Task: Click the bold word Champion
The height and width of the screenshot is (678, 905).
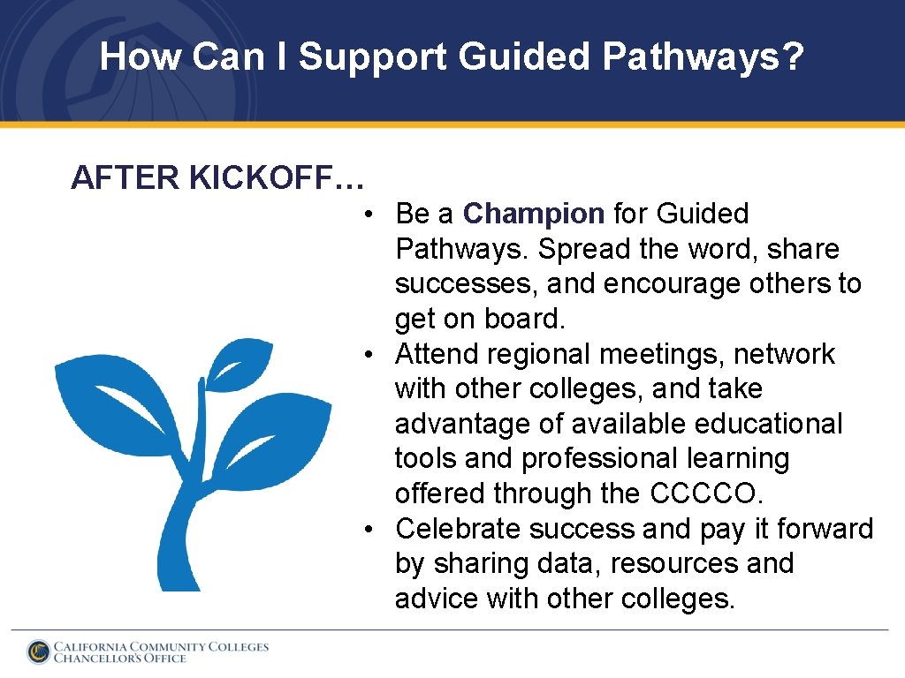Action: pyautogui.click(x=533, y=214)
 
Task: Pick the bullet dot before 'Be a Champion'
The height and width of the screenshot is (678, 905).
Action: pyautogui.click(x=376, y=215)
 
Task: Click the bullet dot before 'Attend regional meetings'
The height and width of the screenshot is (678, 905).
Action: pyautogui.click(x=376, y=355)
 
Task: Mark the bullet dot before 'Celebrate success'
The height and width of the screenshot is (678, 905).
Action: pyautogui.click(x=376, y=530)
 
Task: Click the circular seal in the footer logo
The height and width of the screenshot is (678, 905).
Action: pyautogui.click(x=38, y=652)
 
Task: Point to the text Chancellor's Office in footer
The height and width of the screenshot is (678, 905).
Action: pyautogui.click(x=120, y=659)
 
